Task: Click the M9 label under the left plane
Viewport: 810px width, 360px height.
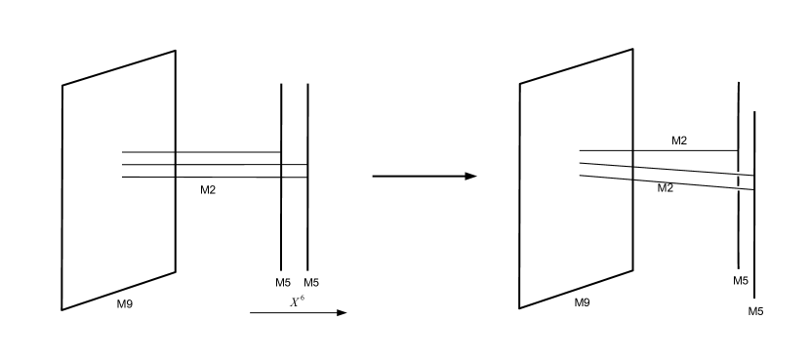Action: coord(125,304)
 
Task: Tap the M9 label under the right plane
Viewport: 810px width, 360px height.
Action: coord(582,302)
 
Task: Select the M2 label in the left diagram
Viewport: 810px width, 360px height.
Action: coord(208,189)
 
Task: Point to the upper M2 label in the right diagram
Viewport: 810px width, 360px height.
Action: coord(679,141)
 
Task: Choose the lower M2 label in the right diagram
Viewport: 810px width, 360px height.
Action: coord(666,187)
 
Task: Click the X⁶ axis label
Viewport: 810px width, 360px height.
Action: coord(297,302)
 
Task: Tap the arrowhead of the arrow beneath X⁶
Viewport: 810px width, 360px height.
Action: coord(342,313)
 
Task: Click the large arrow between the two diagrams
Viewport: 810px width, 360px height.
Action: coord(425,177)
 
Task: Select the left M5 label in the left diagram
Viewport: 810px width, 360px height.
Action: coord(283,283)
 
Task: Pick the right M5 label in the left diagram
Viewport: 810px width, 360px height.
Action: coord(312,283)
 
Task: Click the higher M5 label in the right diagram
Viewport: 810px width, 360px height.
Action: coord(741,280)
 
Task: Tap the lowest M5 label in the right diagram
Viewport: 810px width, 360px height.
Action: coord(755,311)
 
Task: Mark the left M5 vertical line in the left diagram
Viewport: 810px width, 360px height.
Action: coord(281,224)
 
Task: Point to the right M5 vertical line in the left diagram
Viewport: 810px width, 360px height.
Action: coord(308,224)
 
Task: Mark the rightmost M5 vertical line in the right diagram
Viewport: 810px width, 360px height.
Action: coord(755,244)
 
